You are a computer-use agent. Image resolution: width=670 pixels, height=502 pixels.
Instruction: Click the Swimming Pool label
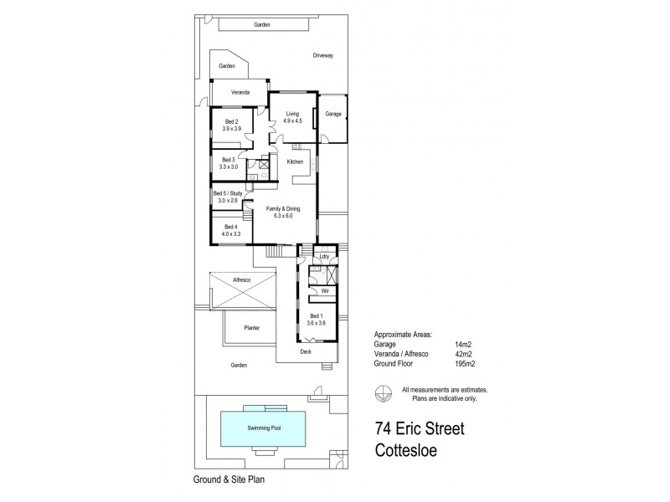click(x=263, y=428)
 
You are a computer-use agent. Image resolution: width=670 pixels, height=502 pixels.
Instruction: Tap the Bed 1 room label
click(x=315, y=316)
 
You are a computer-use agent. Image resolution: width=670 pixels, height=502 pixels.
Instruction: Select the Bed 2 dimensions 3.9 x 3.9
click(x=231, y=130)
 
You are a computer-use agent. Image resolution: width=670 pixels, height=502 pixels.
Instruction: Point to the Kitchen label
click(x=294, y=161)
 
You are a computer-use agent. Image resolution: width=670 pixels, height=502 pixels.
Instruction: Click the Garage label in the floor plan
click(x=333, y=114)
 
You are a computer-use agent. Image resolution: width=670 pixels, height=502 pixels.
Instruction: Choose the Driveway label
click(x=322, y=55)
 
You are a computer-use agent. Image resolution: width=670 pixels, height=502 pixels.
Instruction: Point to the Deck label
click(x=307, y=352)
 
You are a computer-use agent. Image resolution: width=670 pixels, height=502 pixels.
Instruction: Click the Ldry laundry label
click(x=325, y=256)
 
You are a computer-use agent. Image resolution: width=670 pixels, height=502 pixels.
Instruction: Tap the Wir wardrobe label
click(x=323, y=291)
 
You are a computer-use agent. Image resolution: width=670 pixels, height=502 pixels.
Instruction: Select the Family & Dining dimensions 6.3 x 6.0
click(x=283, y=216)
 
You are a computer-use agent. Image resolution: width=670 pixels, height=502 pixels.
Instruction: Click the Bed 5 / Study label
click(x=228, y=193)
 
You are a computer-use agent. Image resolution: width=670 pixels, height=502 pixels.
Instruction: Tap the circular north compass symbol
click(x=384, y=392)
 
